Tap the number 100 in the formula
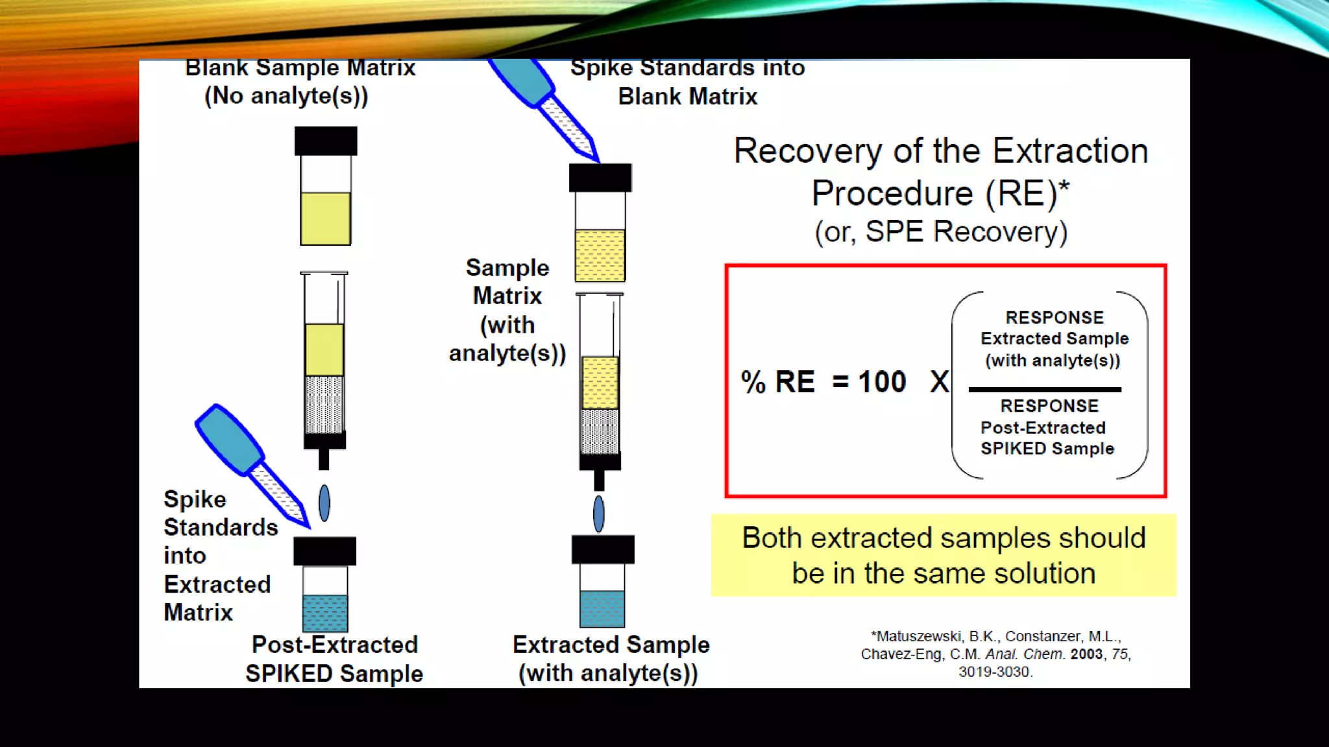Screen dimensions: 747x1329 pyautogui.click(x=882, y=382)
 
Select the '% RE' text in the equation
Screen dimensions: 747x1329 pyautogui.click(x=777, y=382)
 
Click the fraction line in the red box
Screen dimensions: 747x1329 pyautogui.click(x=1044, y=390)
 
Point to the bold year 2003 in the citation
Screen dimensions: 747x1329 pyautogui.click(x=1086, y=654)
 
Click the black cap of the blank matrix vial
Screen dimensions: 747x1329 pyautogui.click(x=326, y=141)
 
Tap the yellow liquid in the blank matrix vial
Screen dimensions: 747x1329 pyautogui.click(x=326, y=219)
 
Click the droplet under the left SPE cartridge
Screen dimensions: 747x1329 pyautogui.click(x=324, y=503)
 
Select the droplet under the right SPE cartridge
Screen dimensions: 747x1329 pyautogui.click(x=599, y=514)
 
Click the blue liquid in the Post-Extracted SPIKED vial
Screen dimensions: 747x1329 pyautogui.click(x=325, y=613)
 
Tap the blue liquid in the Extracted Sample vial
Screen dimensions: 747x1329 pyautogui.click(x=602, y=609)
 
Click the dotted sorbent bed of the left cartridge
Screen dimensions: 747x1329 pyautogui.click(x=324, y=404)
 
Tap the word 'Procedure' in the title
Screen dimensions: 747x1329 pyautogui.click(x=892, y=194)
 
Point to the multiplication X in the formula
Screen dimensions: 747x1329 pyautogui.click(x=939, y=382)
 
